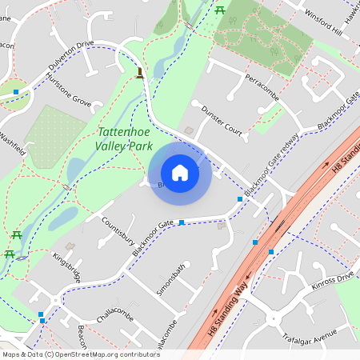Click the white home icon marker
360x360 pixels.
tap(180, 173)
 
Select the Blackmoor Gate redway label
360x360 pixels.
tap(273, 164)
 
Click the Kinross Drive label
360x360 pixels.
tap(332, 280)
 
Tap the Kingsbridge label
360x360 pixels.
tap(66, 268)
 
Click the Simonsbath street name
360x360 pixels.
tap(170, 278)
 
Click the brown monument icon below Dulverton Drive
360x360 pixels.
tap(141, 74)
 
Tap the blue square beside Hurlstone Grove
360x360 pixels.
tap(16, 92)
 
